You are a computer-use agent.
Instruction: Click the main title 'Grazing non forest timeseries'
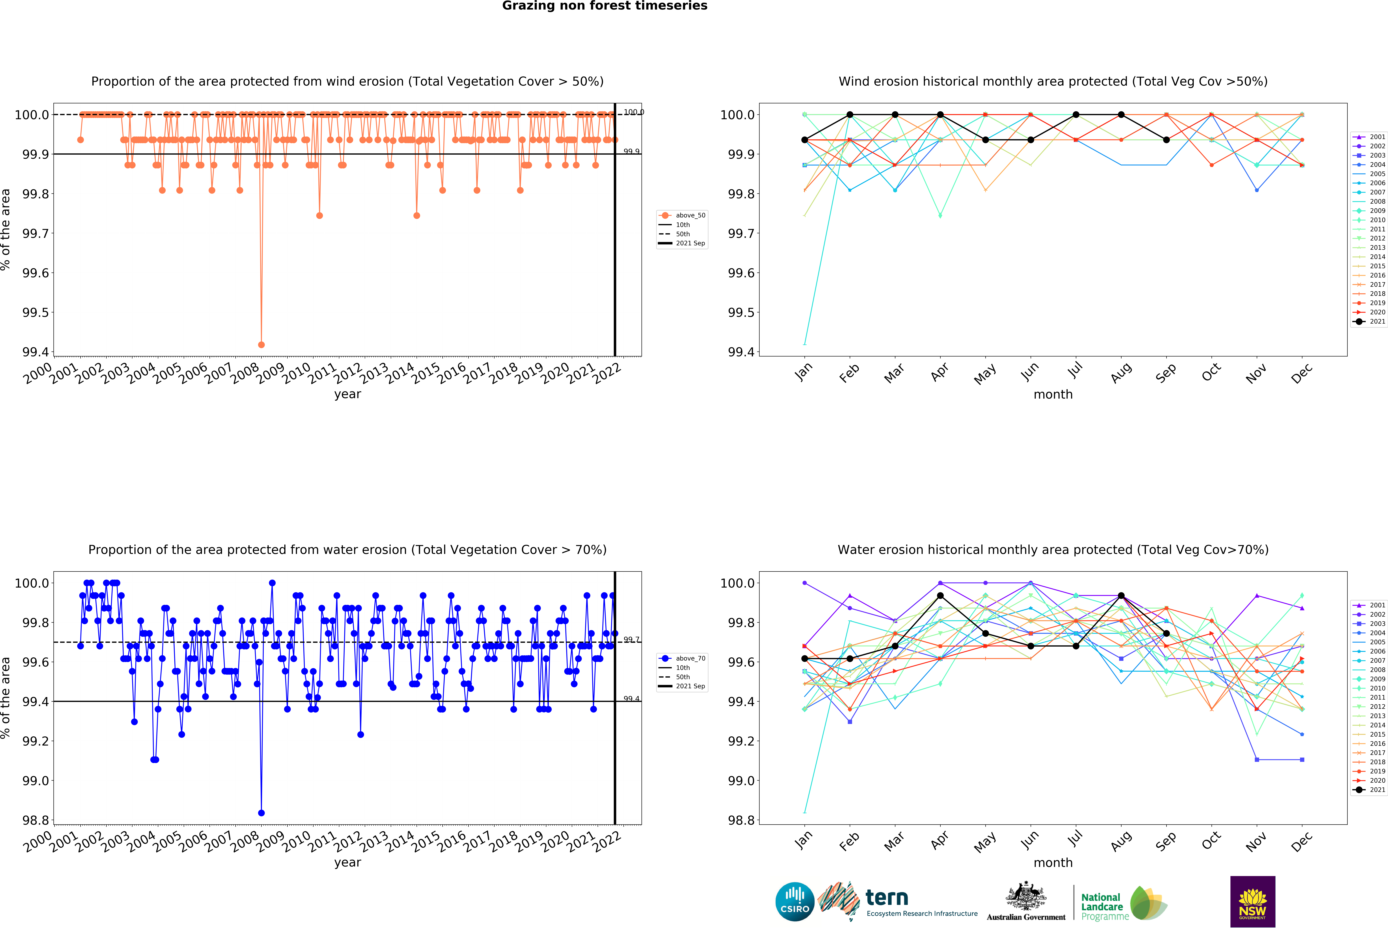click(x=604, y=6)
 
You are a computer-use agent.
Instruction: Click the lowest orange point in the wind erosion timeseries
click(x=261, y=345)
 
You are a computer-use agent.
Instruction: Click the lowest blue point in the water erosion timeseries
click(x=261, y=813)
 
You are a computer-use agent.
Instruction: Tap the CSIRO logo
click(x=794, y=902)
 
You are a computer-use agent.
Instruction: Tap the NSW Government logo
click(x=1252, y=902)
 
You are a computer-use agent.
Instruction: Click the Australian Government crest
click(x=1025, y=896)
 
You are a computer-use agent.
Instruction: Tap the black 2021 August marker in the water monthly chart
click(x=1121, y=596)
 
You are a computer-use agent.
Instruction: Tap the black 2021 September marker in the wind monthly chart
click(x=1166, y=140)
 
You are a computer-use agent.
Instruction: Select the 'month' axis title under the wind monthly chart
click(x=1053, y=395)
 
